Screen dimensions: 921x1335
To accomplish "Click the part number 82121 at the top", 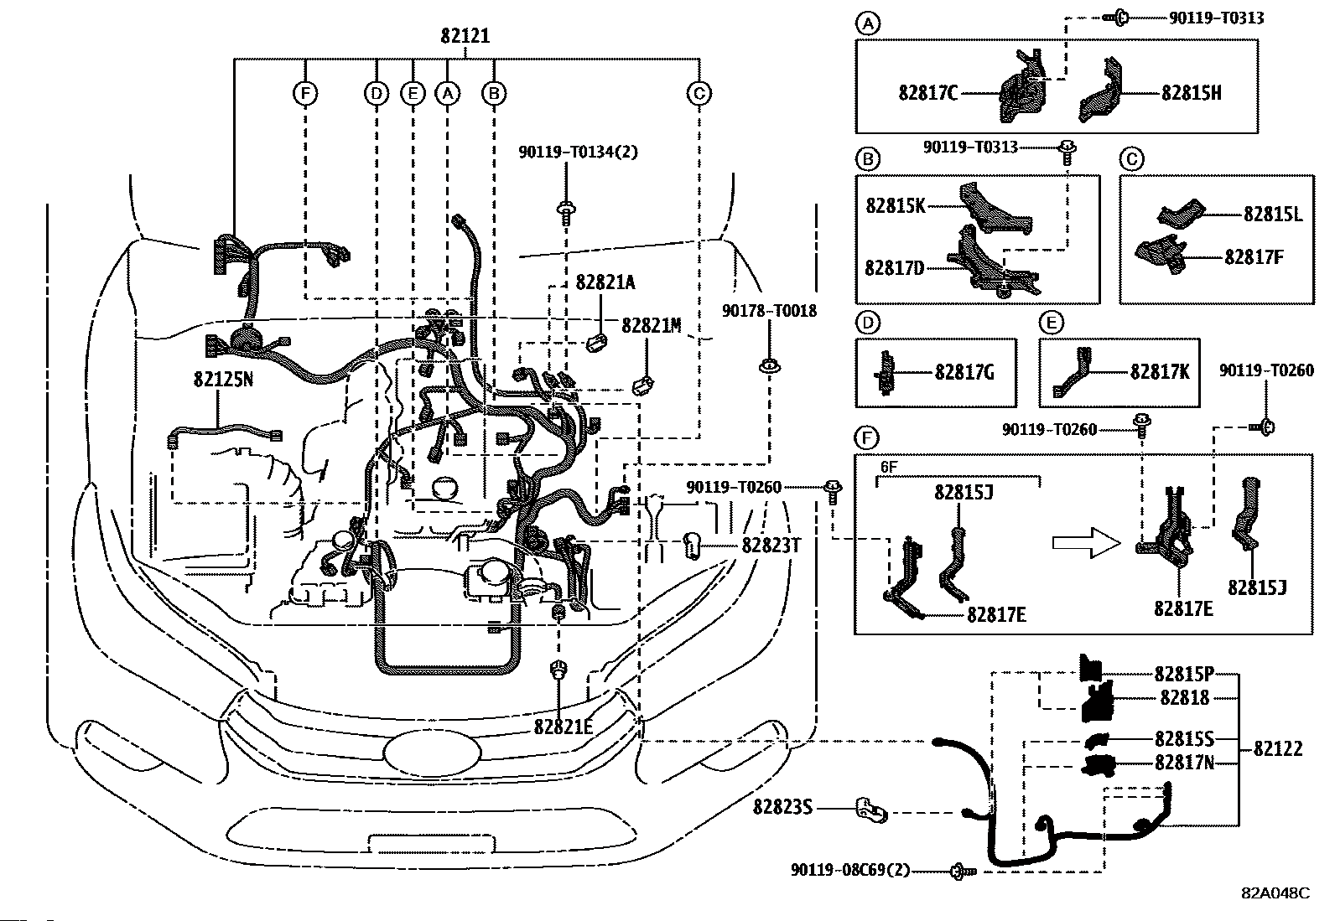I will tap(465, 36).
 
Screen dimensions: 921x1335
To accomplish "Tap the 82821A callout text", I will tap(605, 282).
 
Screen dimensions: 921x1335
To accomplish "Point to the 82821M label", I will tap(652, 325).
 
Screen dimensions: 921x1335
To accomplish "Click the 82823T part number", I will tap(771, 546).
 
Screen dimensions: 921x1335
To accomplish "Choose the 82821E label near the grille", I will tap(563, 727).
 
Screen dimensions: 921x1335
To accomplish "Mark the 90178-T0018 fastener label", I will tap(769, 311).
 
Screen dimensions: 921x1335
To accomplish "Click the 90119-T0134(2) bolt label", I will tap(578, 152).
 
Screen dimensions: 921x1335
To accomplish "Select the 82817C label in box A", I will tap(927, 93).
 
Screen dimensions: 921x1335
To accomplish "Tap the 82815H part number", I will tap(1191, 93).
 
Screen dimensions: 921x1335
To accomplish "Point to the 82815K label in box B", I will tap(896, 205).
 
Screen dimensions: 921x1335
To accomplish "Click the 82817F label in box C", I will tap(1254, 256).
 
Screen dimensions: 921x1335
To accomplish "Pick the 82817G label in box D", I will tap(964, 371).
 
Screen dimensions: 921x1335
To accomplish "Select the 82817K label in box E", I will tap(1160, 371).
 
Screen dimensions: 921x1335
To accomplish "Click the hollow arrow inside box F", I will tap(1086, 543).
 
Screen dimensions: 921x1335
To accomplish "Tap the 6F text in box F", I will tap(888, 468).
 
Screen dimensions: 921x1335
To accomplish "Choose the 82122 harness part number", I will tap(1278, 748).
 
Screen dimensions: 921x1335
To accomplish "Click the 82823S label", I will tap(782, 807).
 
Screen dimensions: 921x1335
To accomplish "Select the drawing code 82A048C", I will tap(1275, 893).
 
